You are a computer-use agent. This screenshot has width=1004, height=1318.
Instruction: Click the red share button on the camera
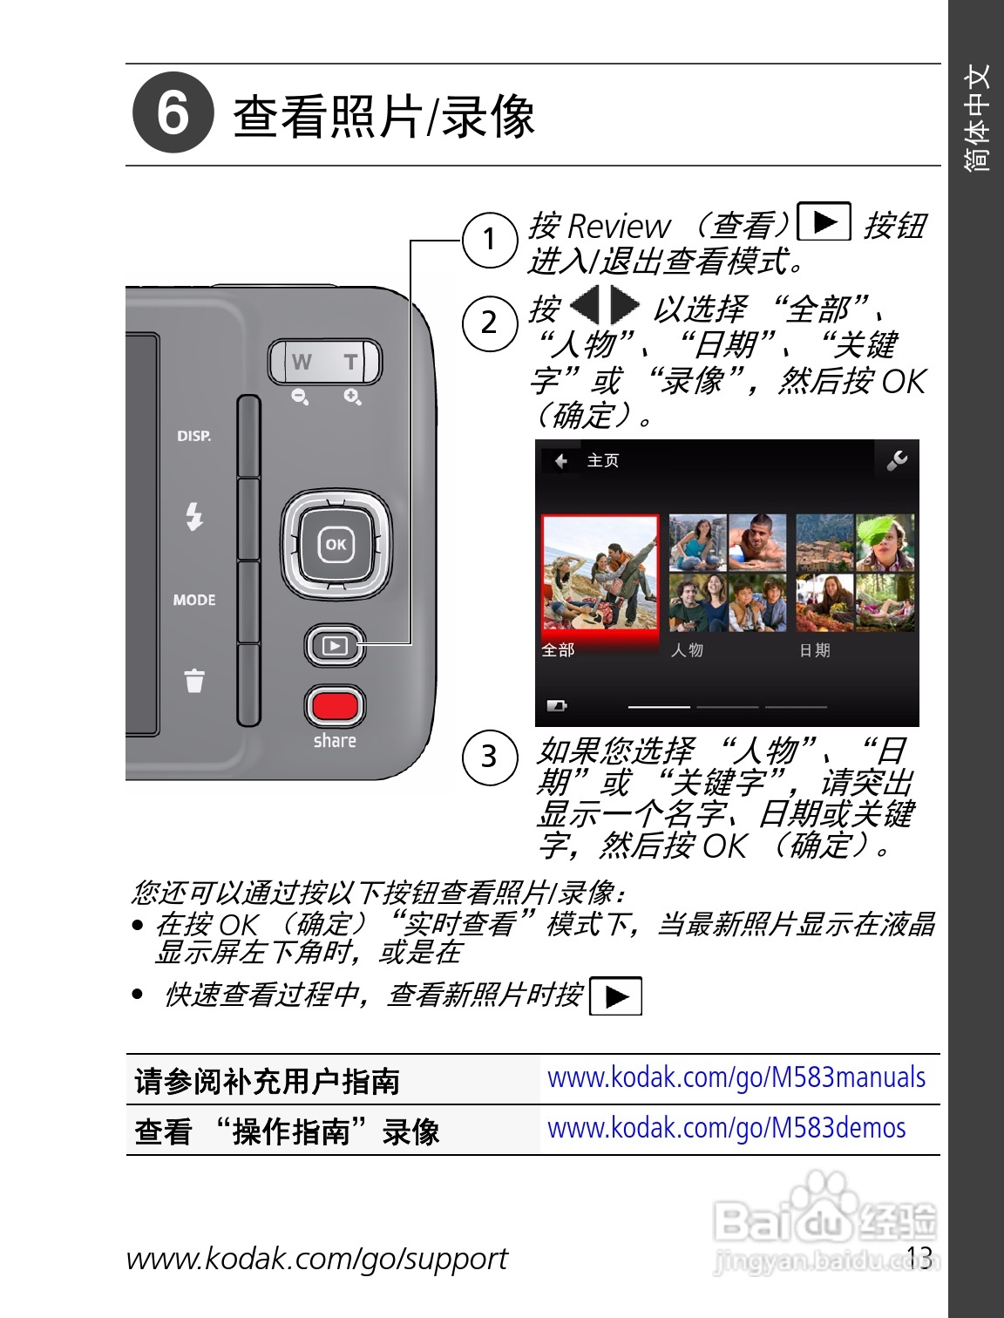click(335, 704)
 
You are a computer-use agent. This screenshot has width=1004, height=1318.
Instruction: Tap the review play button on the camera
click(335, 646)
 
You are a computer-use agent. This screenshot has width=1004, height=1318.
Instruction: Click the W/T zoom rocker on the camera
click(325, 362)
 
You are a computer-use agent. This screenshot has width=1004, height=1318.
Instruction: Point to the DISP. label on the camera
click(193, 436)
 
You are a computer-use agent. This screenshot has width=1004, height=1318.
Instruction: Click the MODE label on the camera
click(193, 600)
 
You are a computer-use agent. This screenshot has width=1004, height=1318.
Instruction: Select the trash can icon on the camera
click(194, 680)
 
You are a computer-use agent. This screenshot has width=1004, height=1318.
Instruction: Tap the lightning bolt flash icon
click(194, 516)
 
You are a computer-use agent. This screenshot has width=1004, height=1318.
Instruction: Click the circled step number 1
click(490, 239)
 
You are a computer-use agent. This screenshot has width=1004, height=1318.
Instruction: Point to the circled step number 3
click(490, 757)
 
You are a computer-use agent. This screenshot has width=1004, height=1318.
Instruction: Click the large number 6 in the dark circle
click(173, 113)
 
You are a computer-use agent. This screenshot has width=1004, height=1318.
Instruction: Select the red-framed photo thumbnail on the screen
click(600, 573)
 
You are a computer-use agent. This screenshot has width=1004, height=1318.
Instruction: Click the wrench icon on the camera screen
click(896, 460)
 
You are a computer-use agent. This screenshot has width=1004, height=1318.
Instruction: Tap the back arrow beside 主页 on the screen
click(560, 461)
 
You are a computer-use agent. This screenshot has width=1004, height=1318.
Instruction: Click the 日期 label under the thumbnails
click(815, 650)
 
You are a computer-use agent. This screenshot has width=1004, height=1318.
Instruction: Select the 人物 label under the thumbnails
click(687, 650)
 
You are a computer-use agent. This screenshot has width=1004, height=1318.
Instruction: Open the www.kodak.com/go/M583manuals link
click(736, 1078)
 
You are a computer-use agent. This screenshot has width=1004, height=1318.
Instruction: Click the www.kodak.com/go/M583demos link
click(726, 1129)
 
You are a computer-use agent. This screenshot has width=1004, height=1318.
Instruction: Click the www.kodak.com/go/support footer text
click(316, 1259)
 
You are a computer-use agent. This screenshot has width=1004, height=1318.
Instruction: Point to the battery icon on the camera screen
click(556, 705)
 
